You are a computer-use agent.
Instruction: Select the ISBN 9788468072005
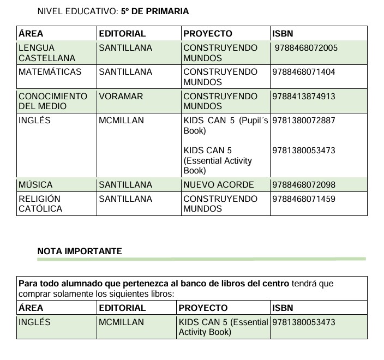pyautogui.click(x=306, y=48)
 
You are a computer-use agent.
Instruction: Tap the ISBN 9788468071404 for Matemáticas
pyautogui.click(x=303, y=72)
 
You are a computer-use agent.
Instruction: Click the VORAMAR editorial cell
pyautogui.click(x=121, y=97)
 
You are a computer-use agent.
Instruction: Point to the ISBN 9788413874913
pyautogui.click(x=303, y=97)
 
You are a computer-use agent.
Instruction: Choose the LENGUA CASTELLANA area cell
pyautogui.click(x=47, y=53)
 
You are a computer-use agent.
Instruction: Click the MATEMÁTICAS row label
pyautogui.click(x=50, y=72)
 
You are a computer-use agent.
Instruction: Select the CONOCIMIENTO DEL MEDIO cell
pyautogui.click(x=53, y=101)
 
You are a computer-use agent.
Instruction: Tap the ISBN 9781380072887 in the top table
pyautogui.click(x=303, y=121)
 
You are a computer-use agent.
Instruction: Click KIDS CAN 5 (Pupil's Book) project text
pyautogui.click(x=226, y=125)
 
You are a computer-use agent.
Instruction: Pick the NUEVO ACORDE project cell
pyautogui.click(x=219, y=185)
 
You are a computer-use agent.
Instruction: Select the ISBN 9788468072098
pyautogui.click(x=303, y=185)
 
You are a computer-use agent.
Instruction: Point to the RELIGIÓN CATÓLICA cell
pyautogui.click(x=40, y=203)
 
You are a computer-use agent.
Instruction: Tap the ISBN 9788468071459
pyautogui.click(x=303, y=199)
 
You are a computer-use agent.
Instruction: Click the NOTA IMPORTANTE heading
pyautogui.click(x=80, y=251)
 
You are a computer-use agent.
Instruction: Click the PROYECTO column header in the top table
pyautogui.click(x=208, y=34)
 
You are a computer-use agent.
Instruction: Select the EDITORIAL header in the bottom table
pyautogui.click(x=122, y=308)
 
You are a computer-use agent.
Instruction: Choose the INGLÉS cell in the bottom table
pyautogui.click(x=34, y=322)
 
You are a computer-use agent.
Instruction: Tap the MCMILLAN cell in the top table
pyautogui.click(x=121, y=121)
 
